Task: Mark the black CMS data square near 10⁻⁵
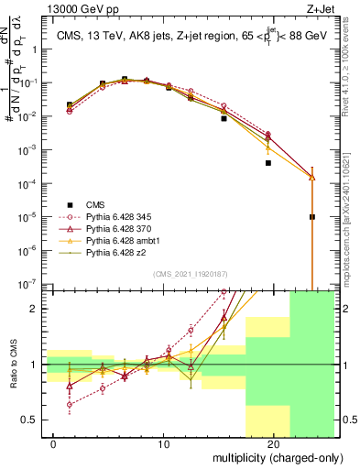point(312,217)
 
